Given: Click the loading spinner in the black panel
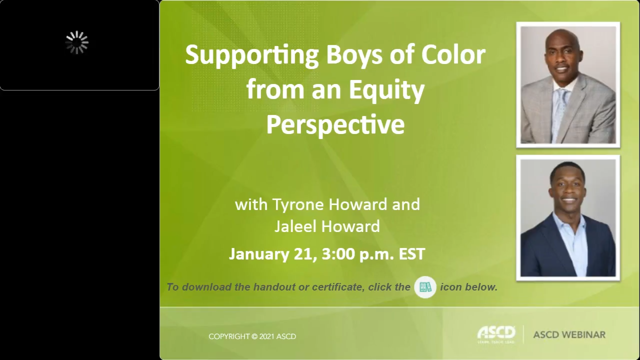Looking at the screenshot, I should [x=77, y=42].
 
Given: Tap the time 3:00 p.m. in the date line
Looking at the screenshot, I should [x=357, y=254].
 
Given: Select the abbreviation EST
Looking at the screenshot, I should [x=411, y=254].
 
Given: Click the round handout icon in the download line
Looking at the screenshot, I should [x=425, y=287].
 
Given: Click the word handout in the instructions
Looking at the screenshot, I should [x=276, y=287].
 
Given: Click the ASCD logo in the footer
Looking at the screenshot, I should [x=496, y=333].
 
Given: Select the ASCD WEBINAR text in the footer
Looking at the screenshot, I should [x=569, y=334].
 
